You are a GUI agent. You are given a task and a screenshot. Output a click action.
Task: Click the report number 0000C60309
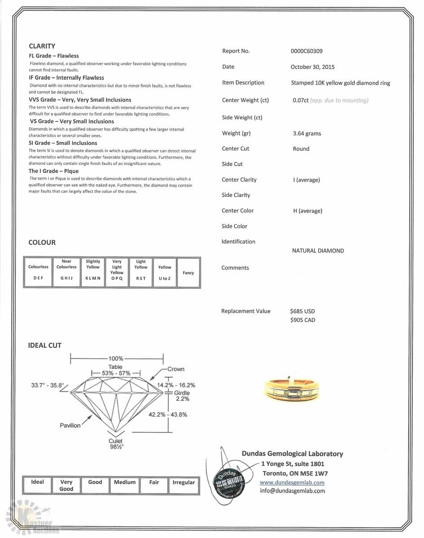click(306, 51)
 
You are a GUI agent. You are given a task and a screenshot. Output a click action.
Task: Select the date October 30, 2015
click(312, 67)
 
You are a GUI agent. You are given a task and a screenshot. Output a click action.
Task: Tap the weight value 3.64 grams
click(306, 134)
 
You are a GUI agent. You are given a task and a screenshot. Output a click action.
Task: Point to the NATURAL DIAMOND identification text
click(318, 251)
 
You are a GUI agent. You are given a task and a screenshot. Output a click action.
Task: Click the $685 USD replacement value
click(302, 311)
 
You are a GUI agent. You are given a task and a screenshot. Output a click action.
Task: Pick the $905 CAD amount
click(302, 320)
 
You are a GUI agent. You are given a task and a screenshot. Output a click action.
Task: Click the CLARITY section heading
click(42, 46)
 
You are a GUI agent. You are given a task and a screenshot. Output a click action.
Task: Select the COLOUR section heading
click(42, 243)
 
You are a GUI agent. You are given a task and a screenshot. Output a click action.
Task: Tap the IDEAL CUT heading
click(44, 345)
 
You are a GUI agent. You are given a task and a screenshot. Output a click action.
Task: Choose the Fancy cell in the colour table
click(188, 273)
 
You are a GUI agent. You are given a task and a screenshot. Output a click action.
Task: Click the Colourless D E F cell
click(38, 272)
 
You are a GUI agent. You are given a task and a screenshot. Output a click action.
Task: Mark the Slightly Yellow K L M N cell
click(93, 272)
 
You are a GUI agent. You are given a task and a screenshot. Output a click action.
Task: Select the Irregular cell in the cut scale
click(184, 485)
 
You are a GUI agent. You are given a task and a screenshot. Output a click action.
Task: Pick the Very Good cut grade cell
click(66, 485)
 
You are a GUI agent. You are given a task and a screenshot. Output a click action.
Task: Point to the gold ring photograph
click(292, 389)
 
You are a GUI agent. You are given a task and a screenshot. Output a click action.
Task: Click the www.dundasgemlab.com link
click(292, 482)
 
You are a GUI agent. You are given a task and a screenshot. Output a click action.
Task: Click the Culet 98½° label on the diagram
click(116, 444)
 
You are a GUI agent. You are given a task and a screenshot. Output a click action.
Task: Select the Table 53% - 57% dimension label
click(115, 370)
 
